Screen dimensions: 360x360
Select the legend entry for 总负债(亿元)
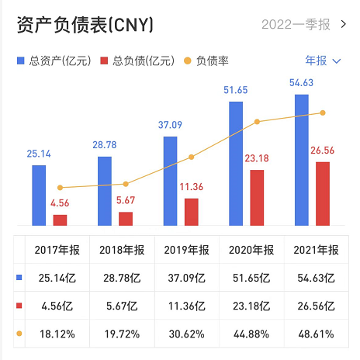(x=137, y=61)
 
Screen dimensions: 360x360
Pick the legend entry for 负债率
(x=205, y=61)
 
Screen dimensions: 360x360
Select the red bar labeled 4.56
(x=60, y=220)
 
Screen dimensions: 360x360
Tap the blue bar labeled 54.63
(x=302, y=160)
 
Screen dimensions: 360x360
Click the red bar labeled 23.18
(x=257, y=198)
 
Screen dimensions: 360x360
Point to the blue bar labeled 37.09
(x=170, y=181)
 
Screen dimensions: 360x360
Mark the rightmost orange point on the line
(x=323, y=113)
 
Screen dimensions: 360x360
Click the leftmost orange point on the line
(x=60, y=188)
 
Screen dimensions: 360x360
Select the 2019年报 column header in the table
(x=186, y=250)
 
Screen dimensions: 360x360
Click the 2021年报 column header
(x=317, y=250)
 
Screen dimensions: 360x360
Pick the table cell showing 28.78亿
(x=121, y=277)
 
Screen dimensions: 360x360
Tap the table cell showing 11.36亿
(x=186, y=305)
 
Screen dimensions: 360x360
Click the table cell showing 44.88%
(x=251, y=334)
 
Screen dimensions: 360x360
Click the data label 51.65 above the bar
(x=236, y=91)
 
